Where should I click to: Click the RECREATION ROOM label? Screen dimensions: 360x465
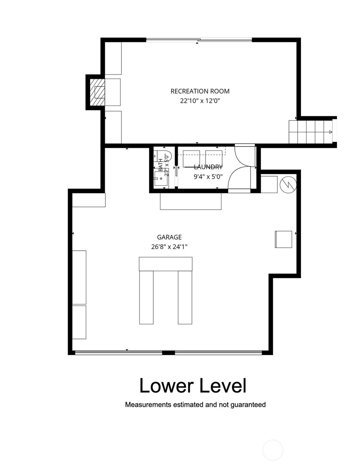click(200, 91)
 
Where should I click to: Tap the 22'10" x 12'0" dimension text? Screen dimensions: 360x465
click(200, 101)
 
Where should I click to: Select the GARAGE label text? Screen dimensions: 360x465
click(169, 237)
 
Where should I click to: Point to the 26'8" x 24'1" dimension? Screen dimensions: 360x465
click(169, 247)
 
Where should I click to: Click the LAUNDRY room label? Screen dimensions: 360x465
click(208, 167)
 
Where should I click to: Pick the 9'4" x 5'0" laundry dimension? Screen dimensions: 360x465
click(208, 176)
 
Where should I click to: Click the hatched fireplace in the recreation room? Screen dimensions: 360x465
click(97, 92)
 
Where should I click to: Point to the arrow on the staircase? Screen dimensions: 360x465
click(331, 132)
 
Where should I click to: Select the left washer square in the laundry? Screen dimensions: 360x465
click(191, 159)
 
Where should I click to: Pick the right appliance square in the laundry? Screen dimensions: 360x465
click(213, 159)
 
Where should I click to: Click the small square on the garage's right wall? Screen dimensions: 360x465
click(283, 239)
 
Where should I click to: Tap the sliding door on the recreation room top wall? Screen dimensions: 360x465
click(199, 40)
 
